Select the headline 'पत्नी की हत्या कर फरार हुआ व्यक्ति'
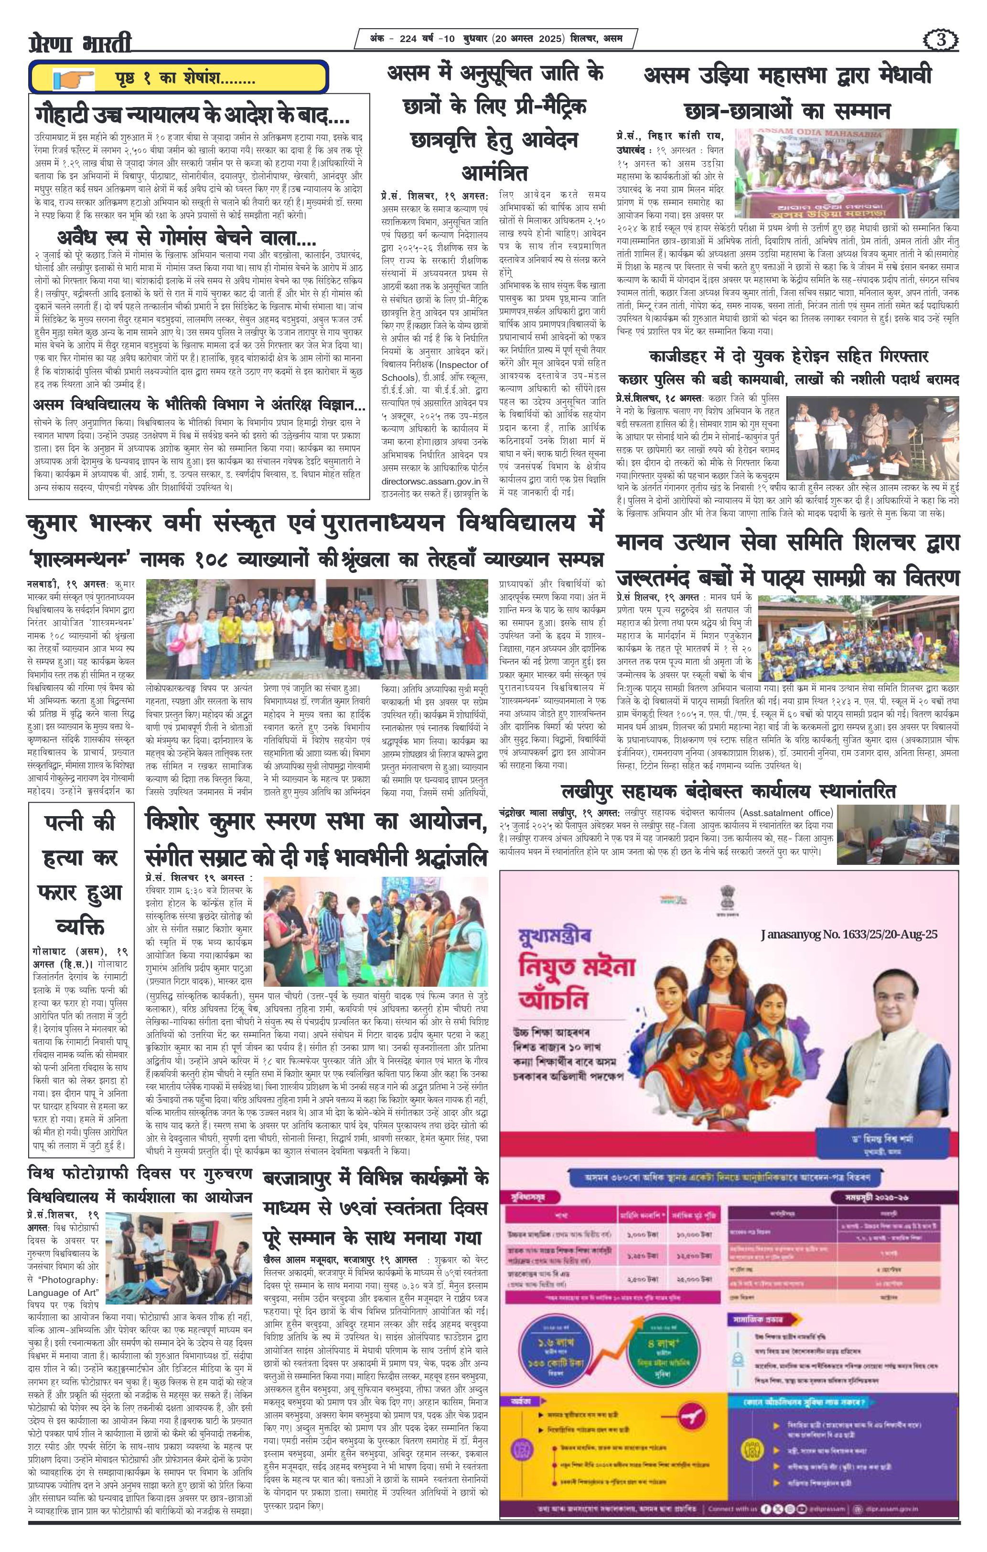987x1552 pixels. click(82, 875)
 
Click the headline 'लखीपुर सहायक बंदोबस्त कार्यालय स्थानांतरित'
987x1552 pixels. click(728, 791)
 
